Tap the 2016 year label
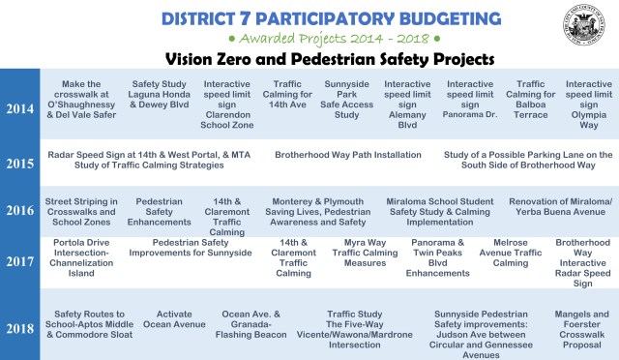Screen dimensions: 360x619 [19, 211]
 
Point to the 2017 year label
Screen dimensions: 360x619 [19, 260]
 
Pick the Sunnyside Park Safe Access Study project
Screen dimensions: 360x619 [346, 100]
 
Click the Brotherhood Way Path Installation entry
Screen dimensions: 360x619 [347, 155]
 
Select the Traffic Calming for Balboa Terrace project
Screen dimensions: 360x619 [531, 100]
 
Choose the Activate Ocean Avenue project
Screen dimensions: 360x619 [174, 319]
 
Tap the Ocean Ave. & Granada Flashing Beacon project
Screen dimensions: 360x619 [251, 325]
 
